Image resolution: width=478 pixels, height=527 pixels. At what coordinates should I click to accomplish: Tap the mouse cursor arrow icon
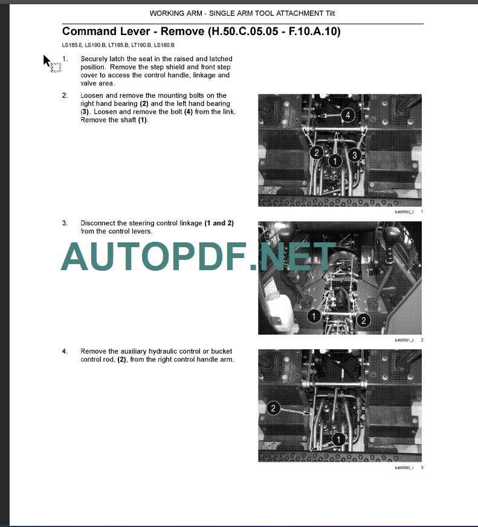coord(47,60)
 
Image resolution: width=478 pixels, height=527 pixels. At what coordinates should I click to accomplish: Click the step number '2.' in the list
coord(65,95)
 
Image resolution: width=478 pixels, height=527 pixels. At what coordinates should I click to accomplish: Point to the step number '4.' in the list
coord(65,351)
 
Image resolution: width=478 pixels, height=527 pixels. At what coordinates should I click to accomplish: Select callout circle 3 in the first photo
coord(355,155)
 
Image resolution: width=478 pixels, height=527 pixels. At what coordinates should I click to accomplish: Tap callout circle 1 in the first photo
coord(334,161)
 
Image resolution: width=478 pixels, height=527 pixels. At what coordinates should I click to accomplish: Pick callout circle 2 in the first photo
coord(316,152)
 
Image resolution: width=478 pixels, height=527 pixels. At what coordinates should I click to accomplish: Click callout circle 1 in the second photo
coord(314,315)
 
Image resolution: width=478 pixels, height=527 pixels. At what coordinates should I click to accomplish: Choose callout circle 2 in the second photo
coord(363,320)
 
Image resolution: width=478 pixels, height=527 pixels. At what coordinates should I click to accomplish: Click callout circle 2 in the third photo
coord(273,409)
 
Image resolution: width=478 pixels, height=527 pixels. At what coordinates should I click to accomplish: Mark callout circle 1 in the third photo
coord(338,439)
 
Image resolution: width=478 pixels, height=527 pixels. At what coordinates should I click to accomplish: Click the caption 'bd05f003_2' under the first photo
coord(403,212)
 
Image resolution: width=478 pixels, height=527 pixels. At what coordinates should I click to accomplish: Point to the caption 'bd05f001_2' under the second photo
coord(403,340)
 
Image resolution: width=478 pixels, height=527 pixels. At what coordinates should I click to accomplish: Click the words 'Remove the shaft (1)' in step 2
coord(114,120)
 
